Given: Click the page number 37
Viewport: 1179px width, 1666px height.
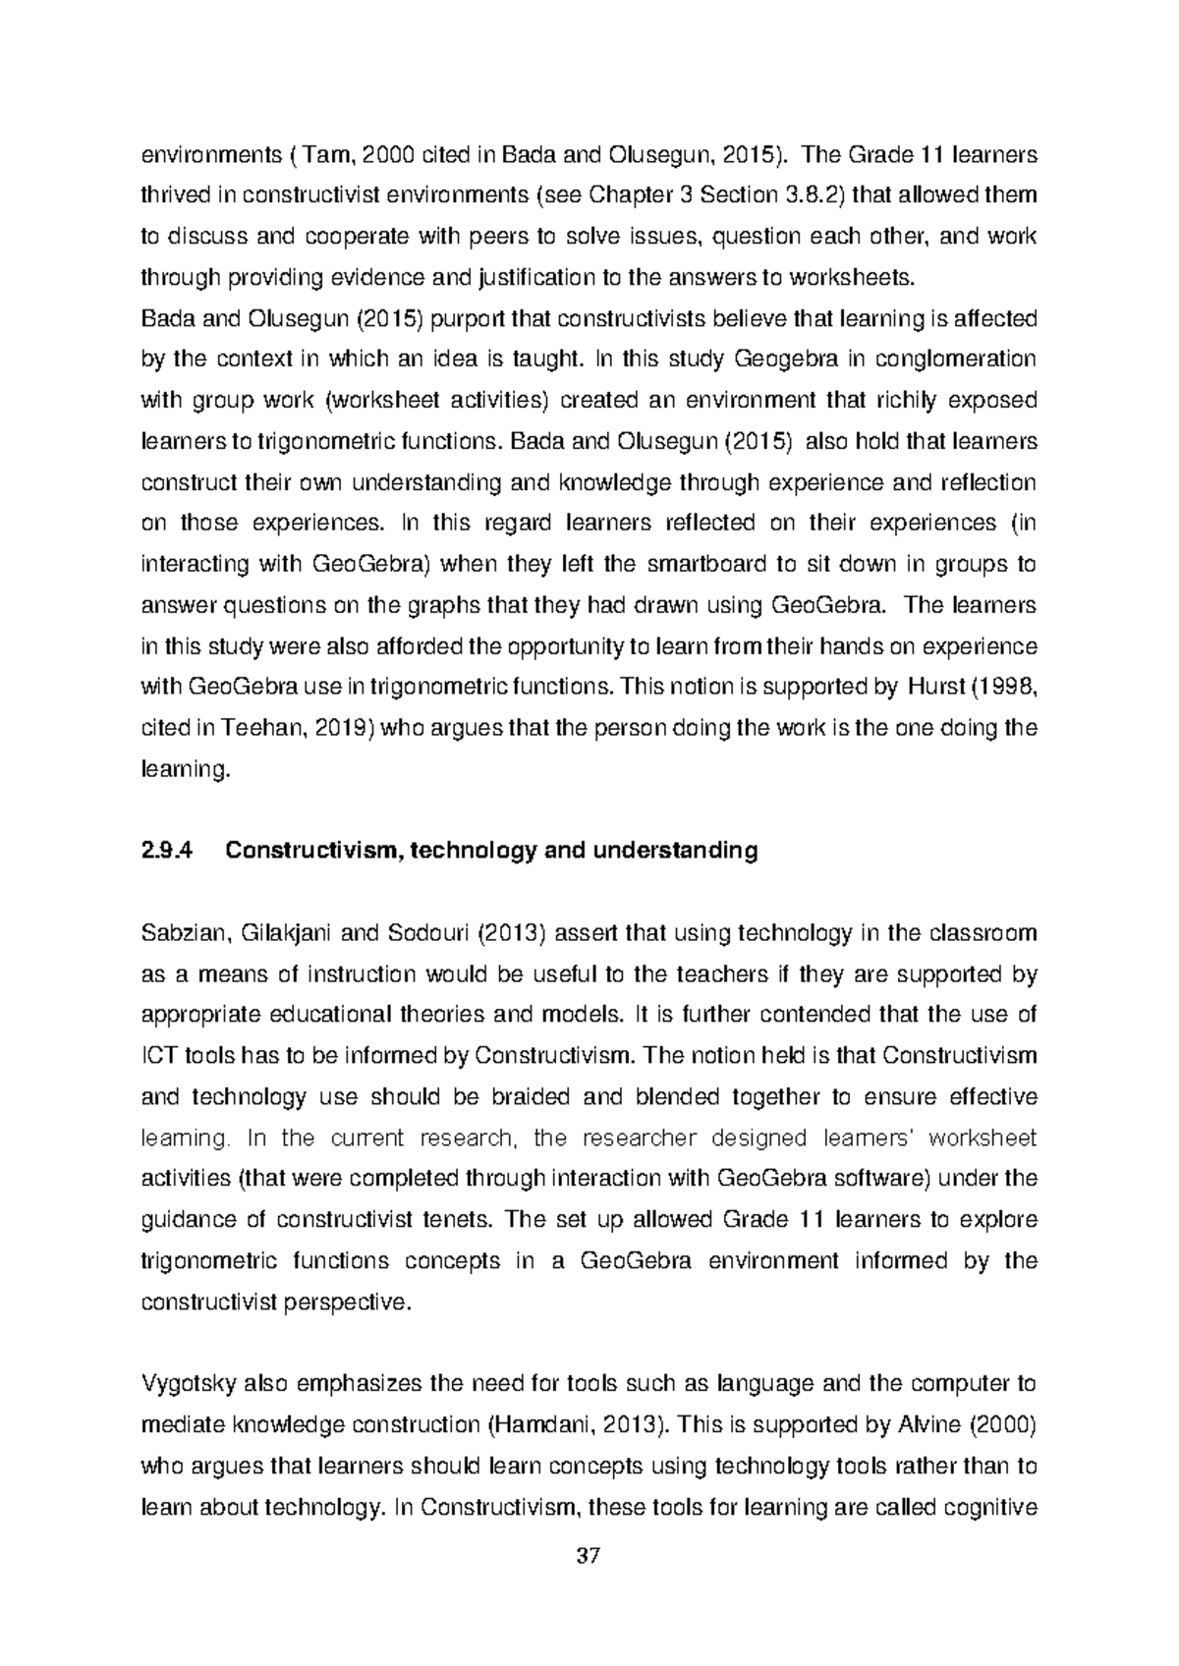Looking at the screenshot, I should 589,1556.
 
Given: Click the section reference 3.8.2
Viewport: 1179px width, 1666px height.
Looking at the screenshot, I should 814,195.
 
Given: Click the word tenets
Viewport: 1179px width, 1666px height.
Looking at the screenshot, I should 448,1220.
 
